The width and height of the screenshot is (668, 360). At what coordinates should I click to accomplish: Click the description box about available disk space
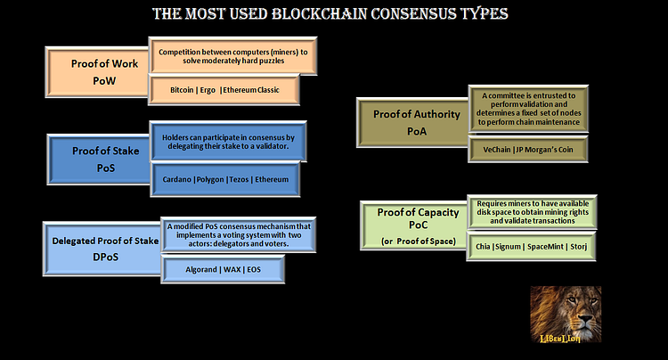click(531, 210)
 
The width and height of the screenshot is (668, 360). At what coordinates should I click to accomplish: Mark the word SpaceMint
click(538, 246)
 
